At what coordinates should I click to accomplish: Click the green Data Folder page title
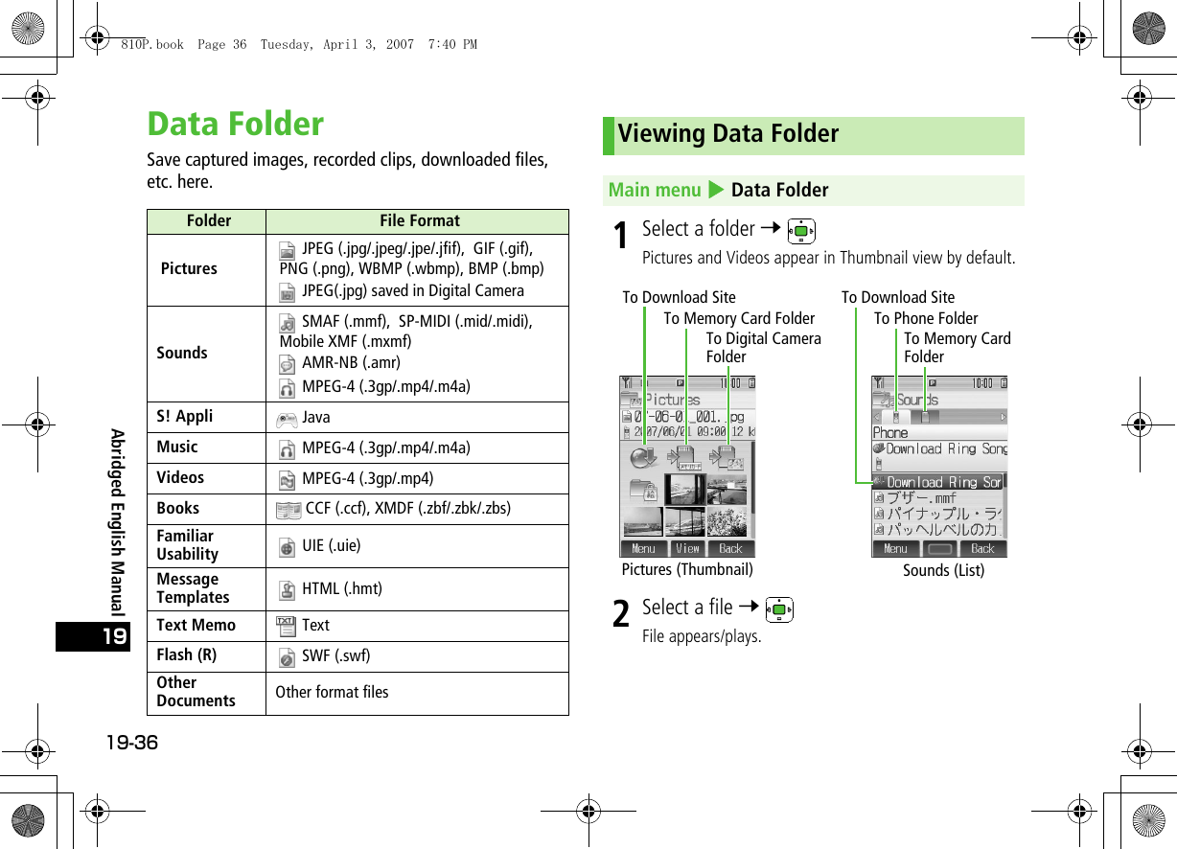click(x=236, y=125)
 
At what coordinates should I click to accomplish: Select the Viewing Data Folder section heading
click(x=728, y=134)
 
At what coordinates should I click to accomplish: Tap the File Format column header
click(x=419, y=221)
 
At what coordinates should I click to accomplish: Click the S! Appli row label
click(x=185, y=417)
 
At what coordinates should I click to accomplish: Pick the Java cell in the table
click(x=315, y=418)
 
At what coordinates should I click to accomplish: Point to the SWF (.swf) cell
click(x=335, y=656)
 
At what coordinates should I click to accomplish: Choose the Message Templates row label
click(x=194, y=588)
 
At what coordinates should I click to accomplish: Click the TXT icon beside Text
click(x=286, y=626)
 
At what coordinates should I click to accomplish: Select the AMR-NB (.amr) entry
click(x=351, y=363)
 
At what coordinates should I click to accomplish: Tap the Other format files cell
click(x=332, y=692)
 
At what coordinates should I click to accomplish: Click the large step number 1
click(x=622, y=235)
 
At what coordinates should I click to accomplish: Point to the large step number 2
click(x=622, y=613)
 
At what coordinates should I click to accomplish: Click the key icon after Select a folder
click(x=799, y=231)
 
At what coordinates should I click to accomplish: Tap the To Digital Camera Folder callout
click(x=763, y=348)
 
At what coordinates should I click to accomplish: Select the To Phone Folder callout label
click(x=926, y=318)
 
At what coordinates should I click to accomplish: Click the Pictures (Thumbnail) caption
click(x=687, y=569)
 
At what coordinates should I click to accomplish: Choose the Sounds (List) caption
click(x=943, y=571)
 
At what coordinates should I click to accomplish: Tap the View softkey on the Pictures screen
click(x=687, y=549)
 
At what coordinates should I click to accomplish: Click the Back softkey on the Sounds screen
click(x=982, y=549)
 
